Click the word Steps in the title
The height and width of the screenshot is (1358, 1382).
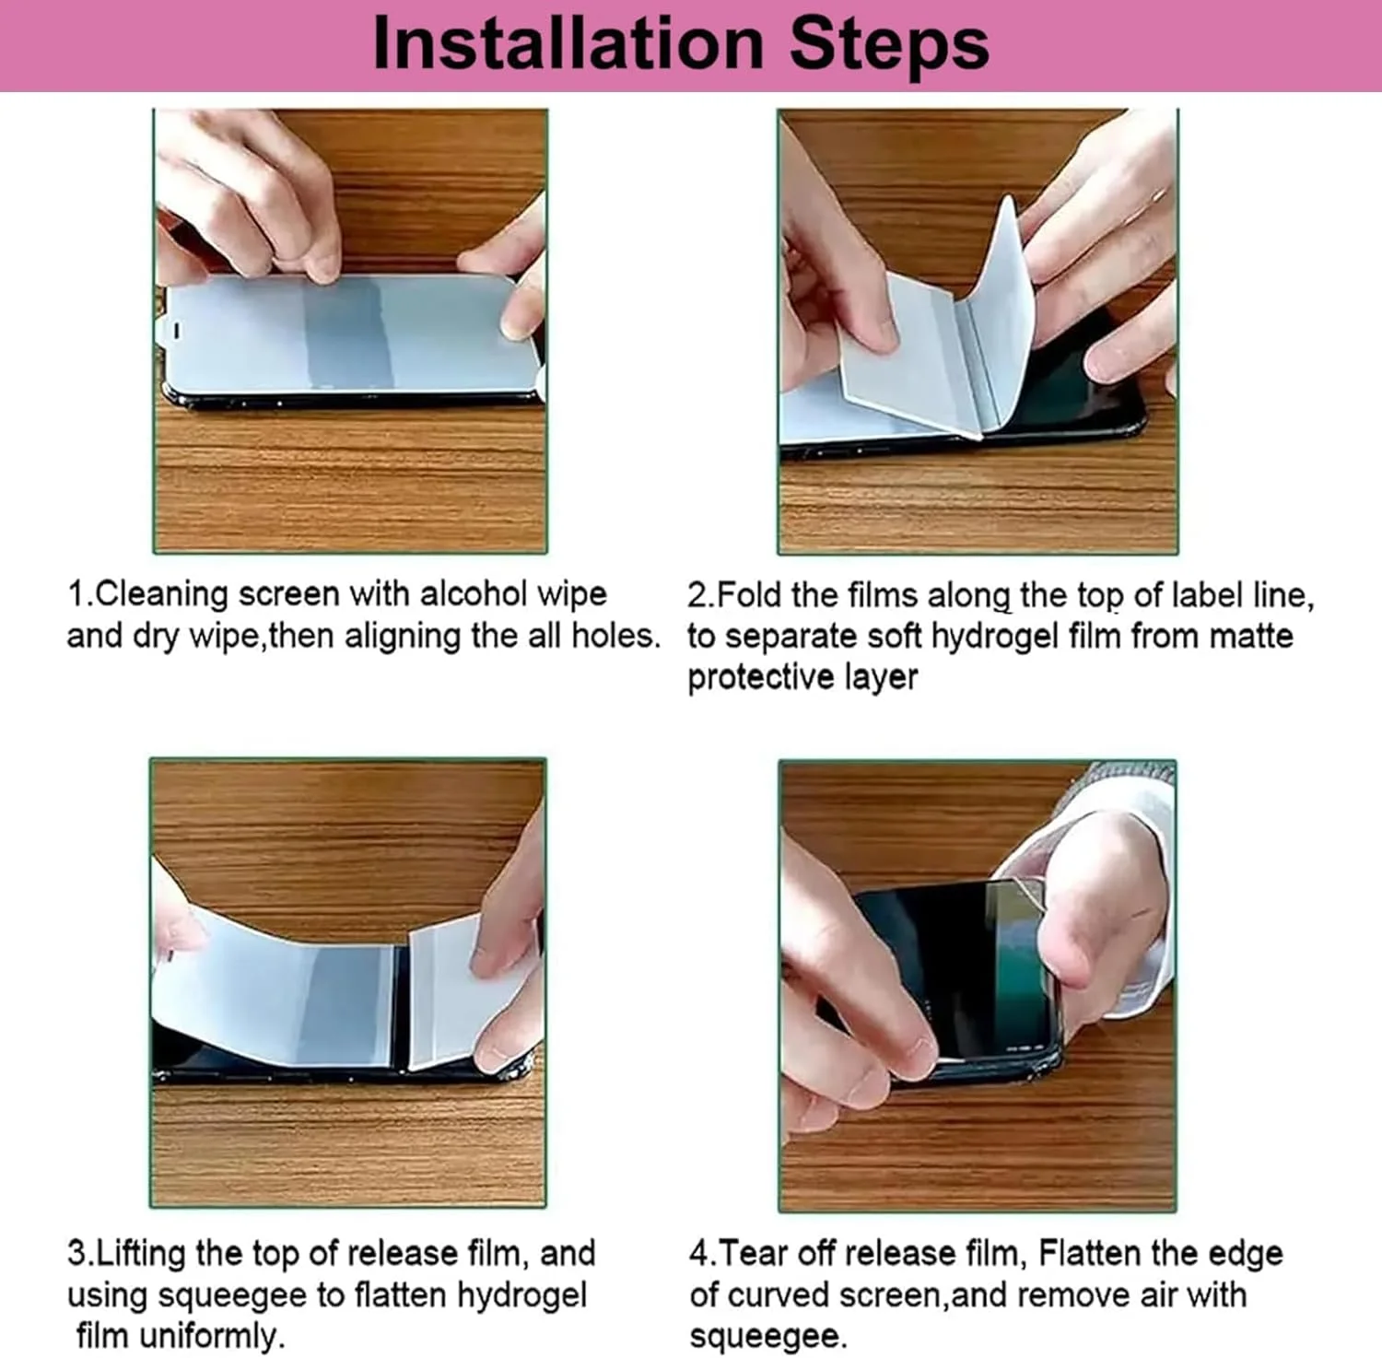coord(889,44)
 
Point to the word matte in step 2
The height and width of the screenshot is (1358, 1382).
coord(1251,636)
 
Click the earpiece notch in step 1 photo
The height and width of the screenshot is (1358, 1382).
coord(178,329)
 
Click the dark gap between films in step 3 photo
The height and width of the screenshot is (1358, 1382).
coord(401,1009)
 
